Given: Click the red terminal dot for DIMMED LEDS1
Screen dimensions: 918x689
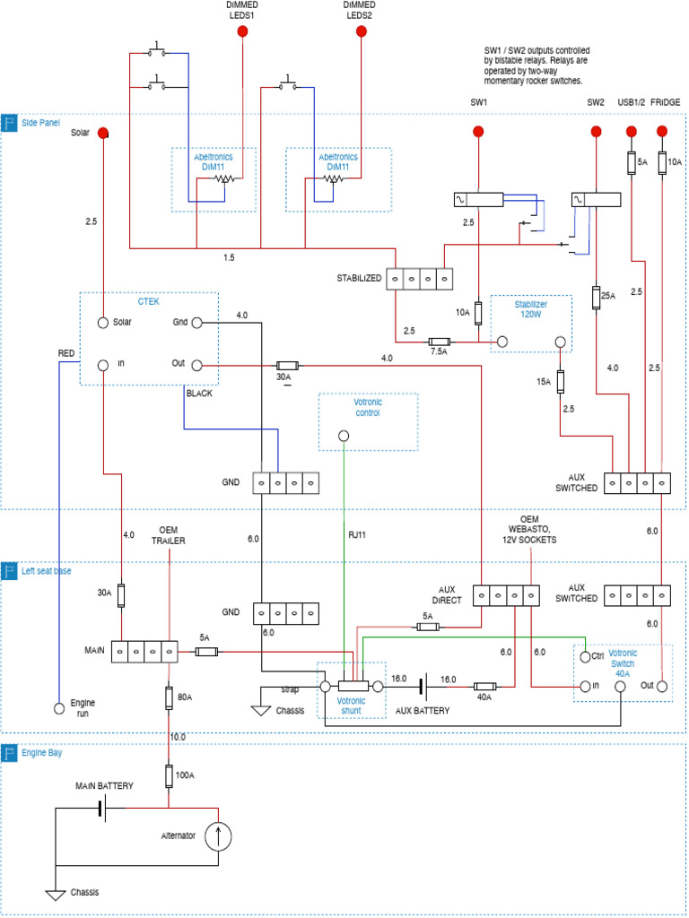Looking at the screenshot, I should tap(242, 32).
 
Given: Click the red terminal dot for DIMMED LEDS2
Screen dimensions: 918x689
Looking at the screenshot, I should tap(362, 32).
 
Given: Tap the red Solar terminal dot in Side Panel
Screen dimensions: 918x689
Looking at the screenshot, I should tap(103, 133).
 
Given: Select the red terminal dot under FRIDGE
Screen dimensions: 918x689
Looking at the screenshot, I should tap(662, 132).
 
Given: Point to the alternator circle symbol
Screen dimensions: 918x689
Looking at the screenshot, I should tap(218, 836).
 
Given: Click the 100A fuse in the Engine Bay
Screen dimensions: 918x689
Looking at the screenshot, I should tap(168, 775).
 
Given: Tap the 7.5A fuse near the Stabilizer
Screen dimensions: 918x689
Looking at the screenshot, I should tap(439, 342).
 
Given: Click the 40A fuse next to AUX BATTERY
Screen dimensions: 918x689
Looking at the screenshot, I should tap(484, 687).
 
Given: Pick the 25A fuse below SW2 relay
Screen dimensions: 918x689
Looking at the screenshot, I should tap(596, 298).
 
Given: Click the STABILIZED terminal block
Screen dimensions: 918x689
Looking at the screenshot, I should tap(419, 279).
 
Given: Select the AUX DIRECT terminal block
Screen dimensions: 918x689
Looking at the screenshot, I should tap(507, 595).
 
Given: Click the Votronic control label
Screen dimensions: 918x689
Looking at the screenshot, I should tap(368, 407).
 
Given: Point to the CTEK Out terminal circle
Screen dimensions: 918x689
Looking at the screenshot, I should tap(197, 365).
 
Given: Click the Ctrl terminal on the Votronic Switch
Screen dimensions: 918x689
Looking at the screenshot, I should tap(584, 655).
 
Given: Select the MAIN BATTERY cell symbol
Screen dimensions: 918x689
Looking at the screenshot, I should tap(101, 809).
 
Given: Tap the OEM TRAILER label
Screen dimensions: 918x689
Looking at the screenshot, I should tap(169, 534).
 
